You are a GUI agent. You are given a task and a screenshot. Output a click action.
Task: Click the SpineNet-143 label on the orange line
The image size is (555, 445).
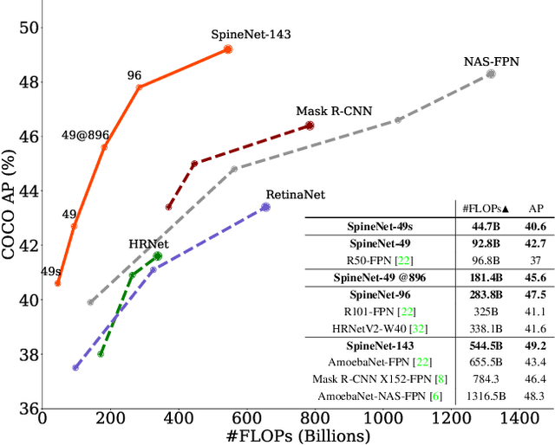pos(251,35)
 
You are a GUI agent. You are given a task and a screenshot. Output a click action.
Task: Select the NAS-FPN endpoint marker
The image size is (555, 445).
pos(491,74)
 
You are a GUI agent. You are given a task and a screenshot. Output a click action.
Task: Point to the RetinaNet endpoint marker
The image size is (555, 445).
pos(265,207)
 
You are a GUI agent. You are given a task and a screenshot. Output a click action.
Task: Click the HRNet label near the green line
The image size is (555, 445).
pos(148,244)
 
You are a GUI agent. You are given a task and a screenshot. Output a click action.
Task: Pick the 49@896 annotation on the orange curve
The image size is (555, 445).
pos(85,135)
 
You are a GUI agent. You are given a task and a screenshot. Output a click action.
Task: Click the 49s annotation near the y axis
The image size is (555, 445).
pos(51,271)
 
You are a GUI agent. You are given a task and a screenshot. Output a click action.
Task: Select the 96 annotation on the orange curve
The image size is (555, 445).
pos(134,75)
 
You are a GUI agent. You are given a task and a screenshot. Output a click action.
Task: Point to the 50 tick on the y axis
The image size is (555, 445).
pos(29,28)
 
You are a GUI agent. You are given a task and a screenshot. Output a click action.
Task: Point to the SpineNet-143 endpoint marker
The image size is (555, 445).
pos(228,49)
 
